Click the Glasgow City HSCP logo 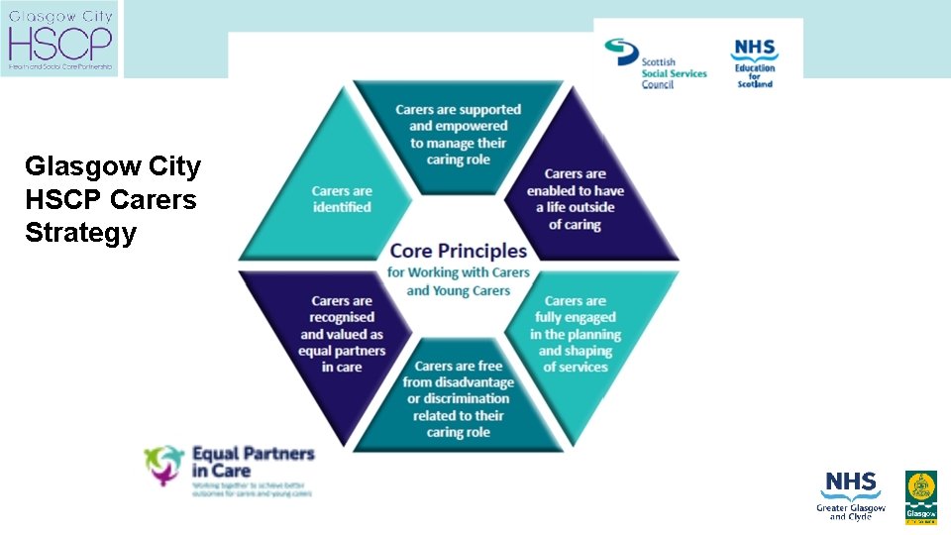59,39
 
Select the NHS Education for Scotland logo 755,62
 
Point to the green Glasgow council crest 921,496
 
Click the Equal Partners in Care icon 164,465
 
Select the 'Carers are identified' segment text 342,199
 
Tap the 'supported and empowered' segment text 458,134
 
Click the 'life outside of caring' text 576,199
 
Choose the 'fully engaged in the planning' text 576,334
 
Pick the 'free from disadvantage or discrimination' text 458,398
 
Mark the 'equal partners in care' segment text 342,334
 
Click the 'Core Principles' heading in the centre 459,251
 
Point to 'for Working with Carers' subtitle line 459,272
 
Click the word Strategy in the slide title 80,234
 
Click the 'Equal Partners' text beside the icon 253,454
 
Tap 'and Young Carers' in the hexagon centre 459,290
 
